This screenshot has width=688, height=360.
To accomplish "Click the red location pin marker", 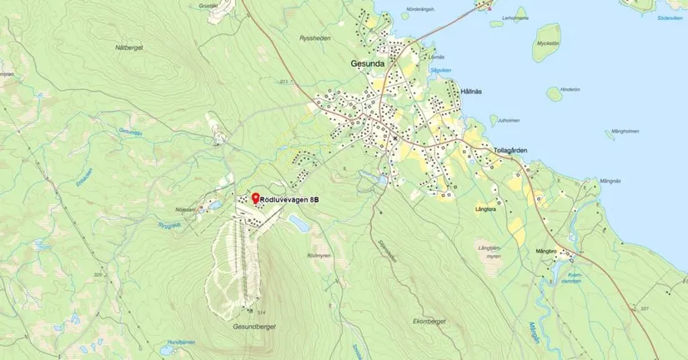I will tap(255, 197).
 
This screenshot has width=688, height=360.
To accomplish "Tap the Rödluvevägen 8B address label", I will tap(289, 200).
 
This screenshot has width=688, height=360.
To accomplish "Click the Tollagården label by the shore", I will tap(510, 150).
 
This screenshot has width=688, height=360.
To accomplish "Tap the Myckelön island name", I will tap(547, 42).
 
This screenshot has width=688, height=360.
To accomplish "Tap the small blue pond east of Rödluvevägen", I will tap(298, 222).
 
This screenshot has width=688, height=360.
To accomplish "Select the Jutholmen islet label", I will tap(509, 120).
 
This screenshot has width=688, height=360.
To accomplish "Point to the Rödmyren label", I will tap(319, 254).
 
